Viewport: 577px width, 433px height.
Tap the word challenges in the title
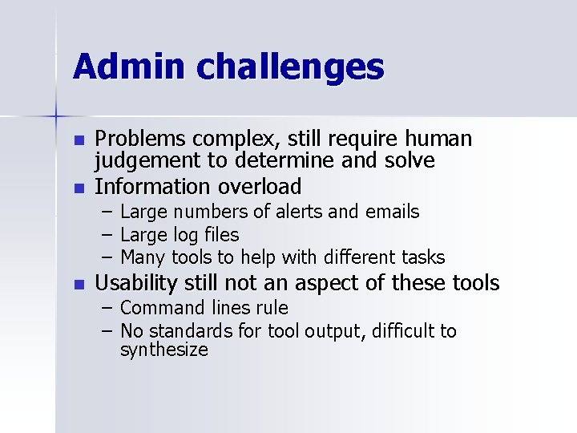(290, 67)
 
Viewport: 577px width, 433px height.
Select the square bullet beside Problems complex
(78, 141)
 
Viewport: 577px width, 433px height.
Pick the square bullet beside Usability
(78, 285)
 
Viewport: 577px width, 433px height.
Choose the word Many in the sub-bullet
(142, 257)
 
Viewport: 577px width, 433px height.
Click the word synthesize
(163, 350)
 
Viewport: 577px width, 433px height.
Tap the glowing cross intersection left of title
(57, 117)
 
